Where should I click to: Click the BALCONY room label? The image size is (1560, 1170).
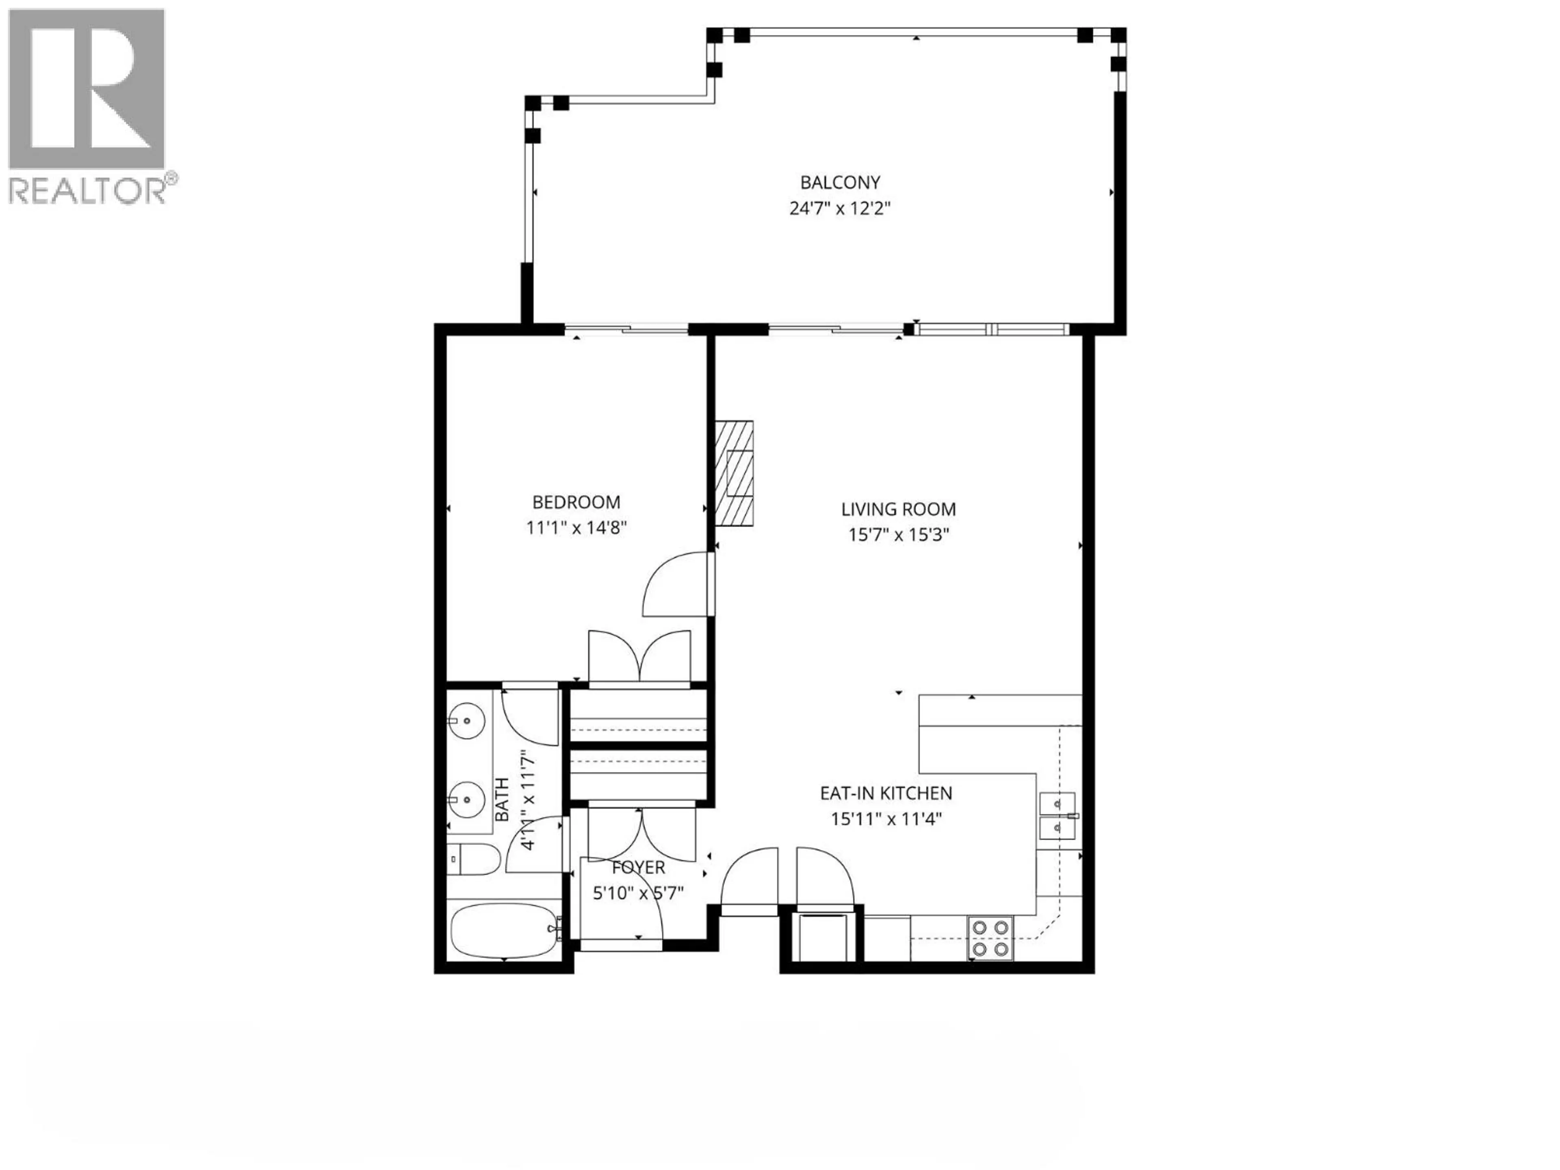click(840, 183)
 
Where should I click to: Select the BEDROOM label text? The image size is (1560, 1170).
click(576, 502)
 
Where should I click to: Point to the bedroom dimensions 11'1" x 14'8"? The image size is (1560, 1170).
click(576, 528)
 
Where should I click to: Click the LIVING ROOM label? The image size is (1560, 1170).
click(899, 509)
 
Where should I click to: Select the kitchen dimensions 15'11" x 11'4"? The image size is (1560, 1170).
click(886, 819)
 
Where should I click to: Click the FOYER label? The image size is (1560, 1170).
click(638, 867)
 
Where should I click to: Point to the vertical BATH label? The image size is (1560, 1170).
click(502, 799)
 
